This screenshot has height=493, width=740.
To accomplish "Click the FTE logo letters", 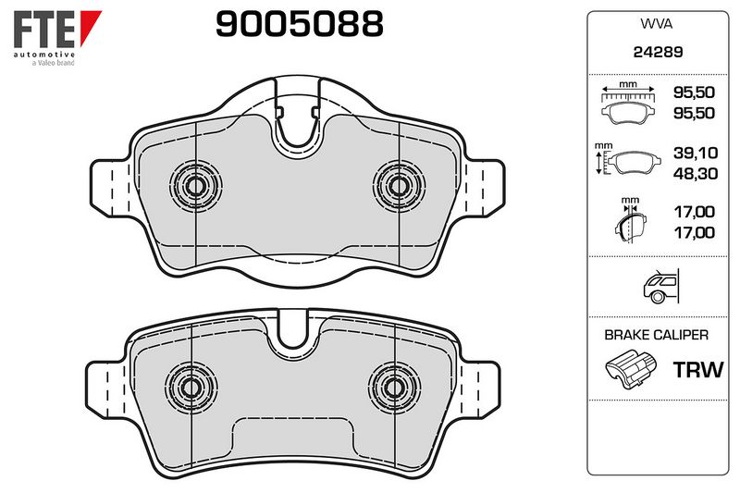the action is tap(43, 30).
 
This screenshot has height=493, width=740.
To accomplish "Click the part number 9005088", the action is tap(299, 24).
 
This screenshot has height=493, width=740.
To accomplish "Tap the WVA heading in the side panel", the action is tap(656, 24).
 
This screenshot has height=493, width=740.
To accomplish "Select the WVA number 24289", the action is tap(658, 52).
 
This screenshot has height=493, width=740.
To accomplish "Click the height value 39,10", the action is tap(696, 153).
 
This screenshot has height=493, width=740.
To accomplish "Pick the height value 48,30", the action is tap(696, 174).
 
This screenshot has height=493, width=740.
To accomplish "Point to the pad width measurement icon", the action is tap(628, 103).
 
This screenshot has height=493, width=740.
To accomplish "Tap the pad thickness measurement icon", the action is tap(630, 219).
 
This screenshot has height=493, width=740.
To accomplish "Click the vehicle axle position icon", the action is tap(660, 286).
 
